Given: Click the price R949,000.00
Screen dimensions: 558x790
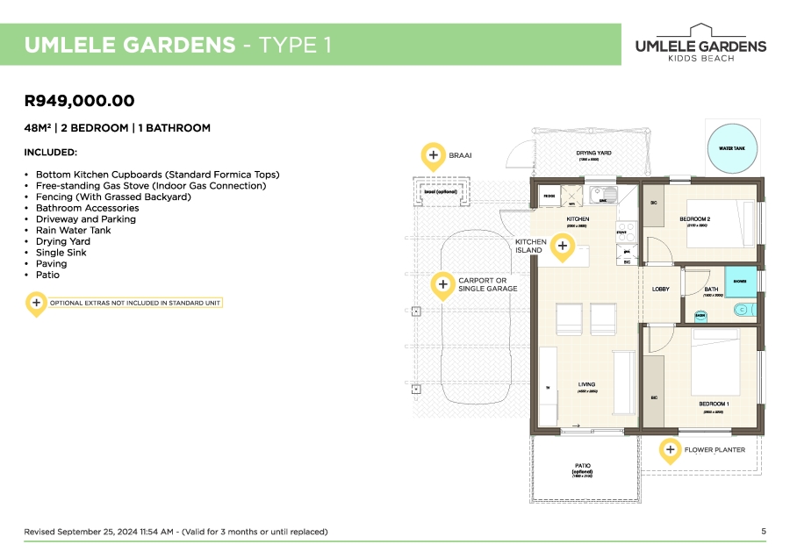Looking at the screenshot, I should (80, 101).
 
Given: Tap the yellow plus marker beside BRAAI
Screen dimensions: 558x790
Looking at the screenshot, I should (433, 156).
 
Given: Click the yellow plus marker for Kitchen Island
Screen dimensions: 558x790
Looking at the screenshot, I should (563, 247).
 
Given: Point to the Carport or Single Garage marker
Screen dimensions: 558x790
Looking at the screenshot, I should (443, 284).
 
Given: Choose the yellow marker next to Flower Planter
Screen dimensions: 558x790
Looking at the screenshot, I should (670, 450).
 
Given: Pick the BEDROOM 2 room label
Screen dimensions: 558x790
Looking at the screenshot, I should (694, 218).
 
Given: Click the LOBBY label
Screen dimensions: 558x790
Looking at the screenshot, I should (661, 289).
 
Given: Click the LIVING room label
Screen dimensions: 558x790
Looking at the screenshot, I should (586, 384).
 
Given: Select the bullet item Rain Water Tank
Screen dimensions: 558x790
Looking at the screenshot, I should (74, 230).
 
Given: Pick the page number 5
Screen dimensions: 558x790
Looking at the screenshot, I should (763, 531).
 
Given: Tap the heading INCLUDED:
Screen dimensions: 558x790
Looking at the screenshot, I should (51, 153).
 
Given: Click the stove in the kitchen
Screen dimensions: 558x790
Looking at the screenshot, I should (626, 232).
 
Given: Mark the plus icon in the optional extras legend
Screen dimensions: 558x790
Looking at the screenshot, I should (36, 303).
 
